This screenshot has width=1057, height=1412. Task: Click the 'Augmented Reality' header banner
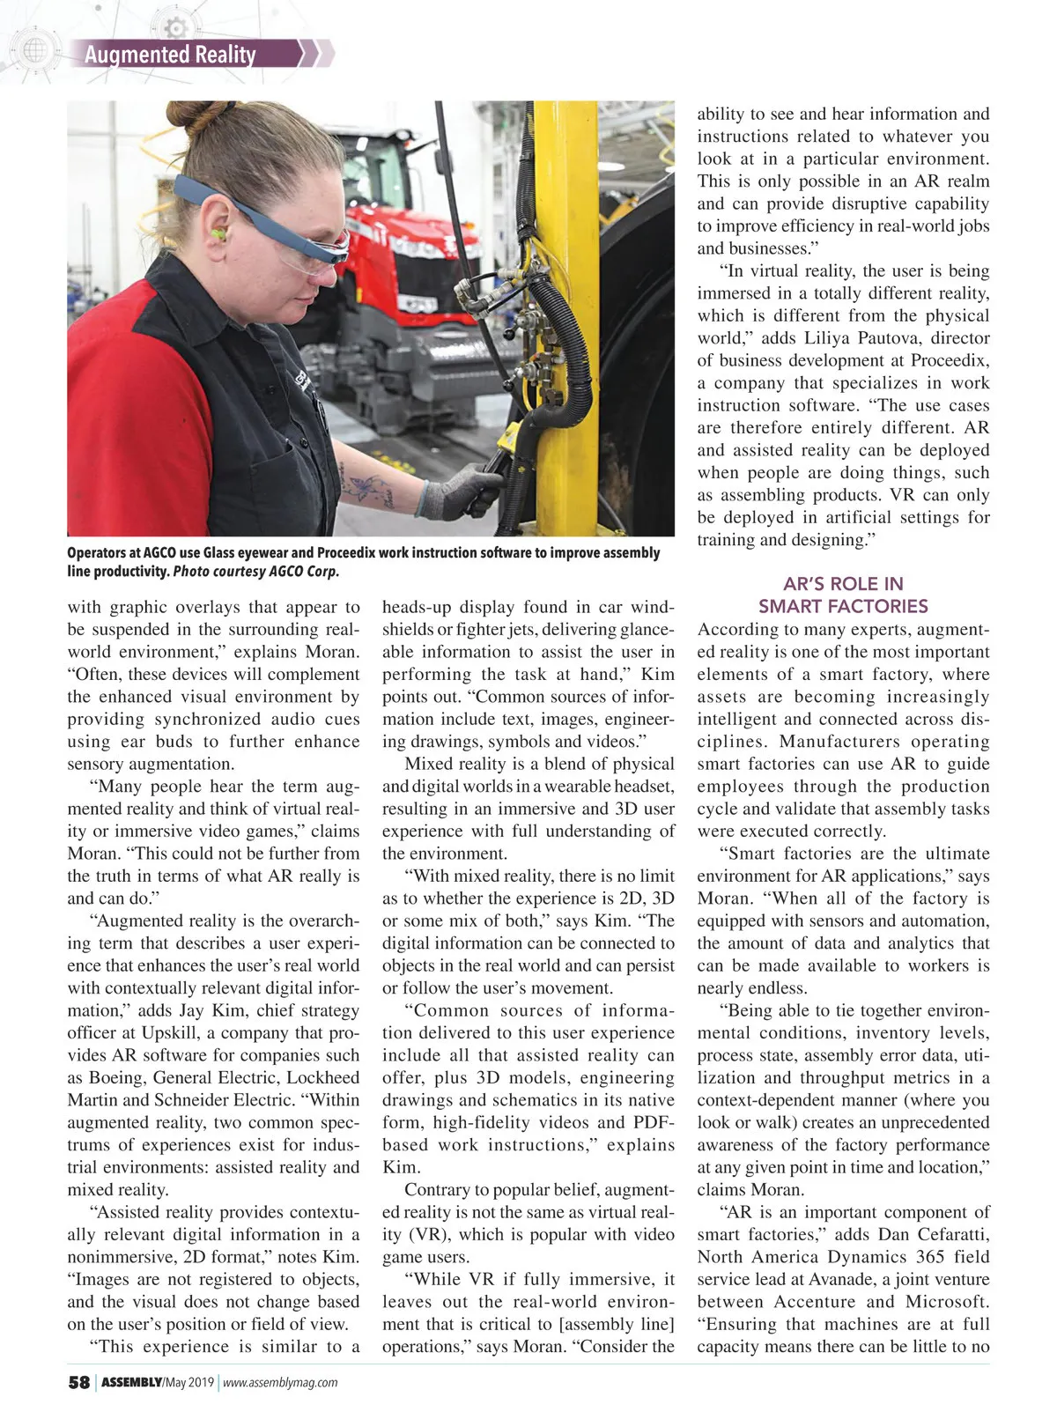tap(171, 55)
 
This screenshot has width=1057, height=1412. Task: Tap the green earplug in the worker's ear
tap(218, 234)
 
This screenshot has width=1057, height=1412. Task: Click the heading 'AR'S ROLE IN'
tap(843, 584)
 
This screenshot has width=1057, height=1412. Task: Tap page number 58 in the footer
tap(78, 1382)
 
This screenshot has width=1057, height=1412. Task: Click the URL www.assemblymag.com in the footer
tap(280, 1383)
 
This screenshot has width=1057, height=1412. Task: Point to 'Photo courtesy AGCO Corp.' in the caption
tap(255, 571)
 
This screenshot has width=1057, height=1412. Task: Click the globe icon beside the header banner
tap(33, 51)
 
